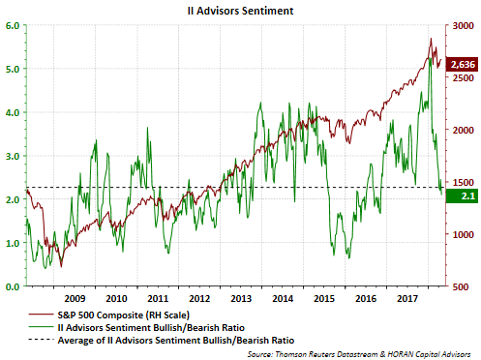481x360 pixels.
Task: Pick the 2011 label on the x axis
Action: [161, 300]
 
